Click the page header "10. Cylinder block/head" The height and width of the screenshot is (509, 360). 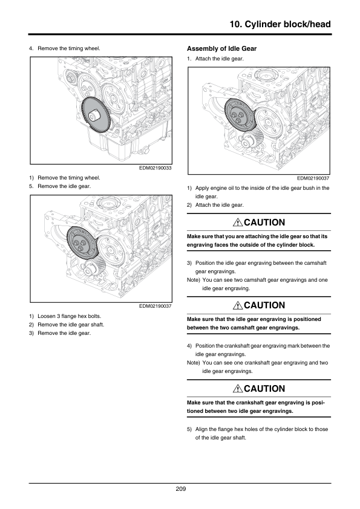click(x=280, y=24)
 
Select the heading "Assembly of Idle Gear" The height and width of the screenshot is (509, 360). click(x=221, y=49)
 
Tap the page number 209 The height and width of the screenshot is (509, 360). click(x=181, y=489)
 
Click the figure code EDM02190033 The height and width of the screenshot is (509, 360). click(x=155, y=168)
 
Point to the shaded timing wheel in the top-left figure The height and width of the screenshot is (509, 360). click(x=95, y=114)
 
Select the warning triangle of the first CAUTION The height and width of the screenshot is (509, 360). click(x=238, y=222)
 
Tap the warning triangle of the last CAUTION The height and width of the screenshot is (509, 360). click(x=238, y=389)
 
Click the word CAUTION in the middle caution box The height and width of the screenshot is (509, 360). click(x=264, y=305)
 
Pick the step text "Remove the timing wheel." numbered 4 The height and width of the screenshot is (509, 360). click(x=69, y=48)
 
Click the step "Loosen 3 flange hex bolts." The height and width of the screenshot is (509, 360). click(x=69, y=316)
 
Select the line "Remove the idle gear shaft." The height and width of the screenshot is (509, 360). click(x=71, y=325)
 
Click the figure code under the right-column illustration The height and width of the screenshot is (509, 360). click(x=313, y=178)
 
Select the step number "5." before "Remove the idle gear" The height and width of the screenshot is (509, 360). click(x=31, y=186)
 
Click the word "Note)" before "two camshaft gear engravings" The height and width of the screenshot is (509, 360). click(x=194, y=280)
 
